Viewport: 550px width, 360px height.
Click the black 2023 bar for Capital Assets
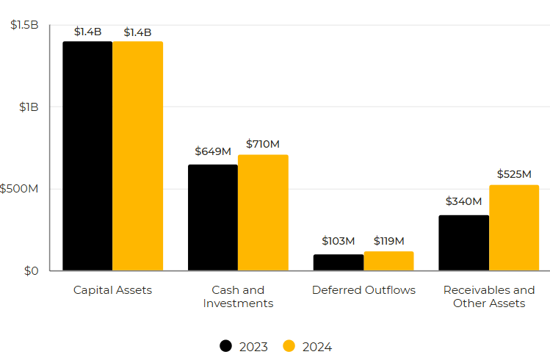pos(87,156)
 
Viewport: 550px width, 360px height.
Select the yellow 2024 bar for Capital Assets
pos(137,156)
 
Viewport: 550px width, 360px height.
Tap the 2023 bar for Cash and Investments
pos(213,217)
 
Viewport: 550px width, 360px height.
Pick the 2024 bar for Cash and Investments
pos(263,213)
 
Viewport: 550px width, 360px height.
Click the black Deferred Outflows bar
pos(339,262)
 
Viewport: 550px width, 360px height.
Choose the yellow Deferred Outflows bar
pos(388,261)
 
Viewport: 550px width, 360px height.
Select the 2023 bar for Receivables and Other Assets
pos(464,242)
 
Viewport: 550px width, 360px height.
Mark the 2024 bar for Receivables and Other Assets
pos(514,228)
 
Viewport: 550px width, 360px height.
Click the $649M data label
pos(213,151)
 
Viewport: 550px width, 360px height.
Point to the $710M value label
pos(263,143)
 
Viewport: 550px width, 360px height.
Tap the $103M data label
pos(339,241)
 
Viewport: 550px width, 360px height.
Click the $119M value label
pos(388,241)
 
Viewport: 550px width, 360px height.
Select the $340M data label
pos(464,201)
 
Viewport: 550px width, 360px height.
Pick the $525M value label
pos(514,174)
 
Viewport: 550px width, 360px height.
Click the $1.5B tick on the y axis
pos(25,25)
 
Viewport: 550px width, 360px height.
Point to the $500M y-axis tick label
pos(20,189)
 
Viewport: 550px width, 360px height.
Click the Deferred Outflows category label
pos(363,290)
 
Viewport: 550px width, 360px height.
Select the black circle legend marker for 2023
pos(226,346)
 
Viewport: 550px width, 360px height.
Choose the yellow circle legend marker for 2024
pos(289,346)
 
